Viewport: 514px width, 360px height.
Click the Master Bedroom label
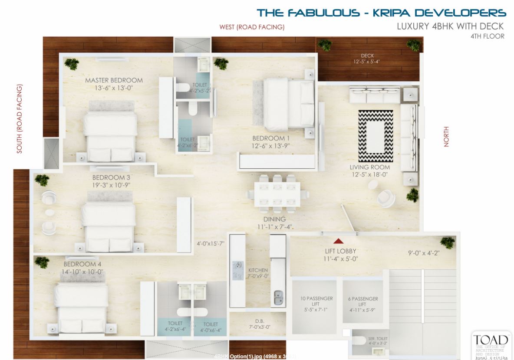click(x=114, y=80)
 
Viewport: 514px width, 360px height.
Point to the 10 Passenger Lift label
click(x=316, y=298)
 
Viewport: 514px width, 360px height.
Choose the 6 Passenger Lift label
click(x=363, y=299)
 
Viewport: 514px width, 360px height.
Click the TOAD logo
click(x=490, y=340)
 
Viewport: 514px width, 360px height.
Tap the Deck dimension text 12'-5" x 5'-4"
click(x=367, y=62)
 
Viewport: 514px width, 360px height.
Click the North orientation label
click(x=446, y=137)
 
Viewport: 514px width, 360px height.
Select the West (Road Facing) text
click(x=252, y=27)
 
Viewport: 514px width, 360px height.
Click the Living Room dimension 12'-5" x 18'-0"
click(x=370, y=174)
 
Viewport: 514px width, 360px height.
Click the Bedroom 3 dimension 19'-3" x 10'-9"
click(x=111, y=185)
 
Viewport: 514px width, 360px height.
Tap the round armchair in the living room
click(x=386, y=198)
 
